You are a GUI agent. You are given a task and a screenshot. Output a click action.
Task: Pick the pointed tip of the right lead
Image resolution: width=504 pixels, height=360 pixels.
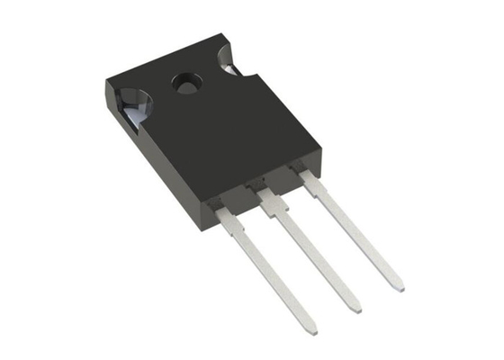click(397, 287)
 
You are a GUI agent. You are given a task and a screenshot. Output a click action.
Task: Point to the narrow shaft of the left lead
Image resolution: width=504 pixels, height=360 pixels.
click(270, 270)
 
